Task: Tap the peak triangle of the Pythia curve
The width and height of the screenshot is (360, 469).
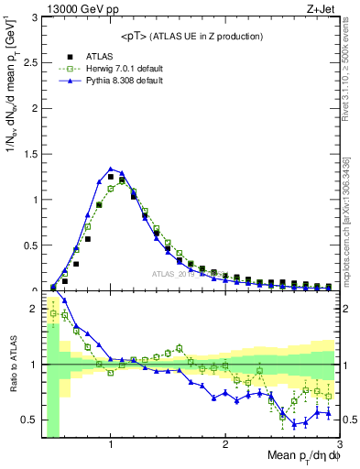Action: pos(111,169)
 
